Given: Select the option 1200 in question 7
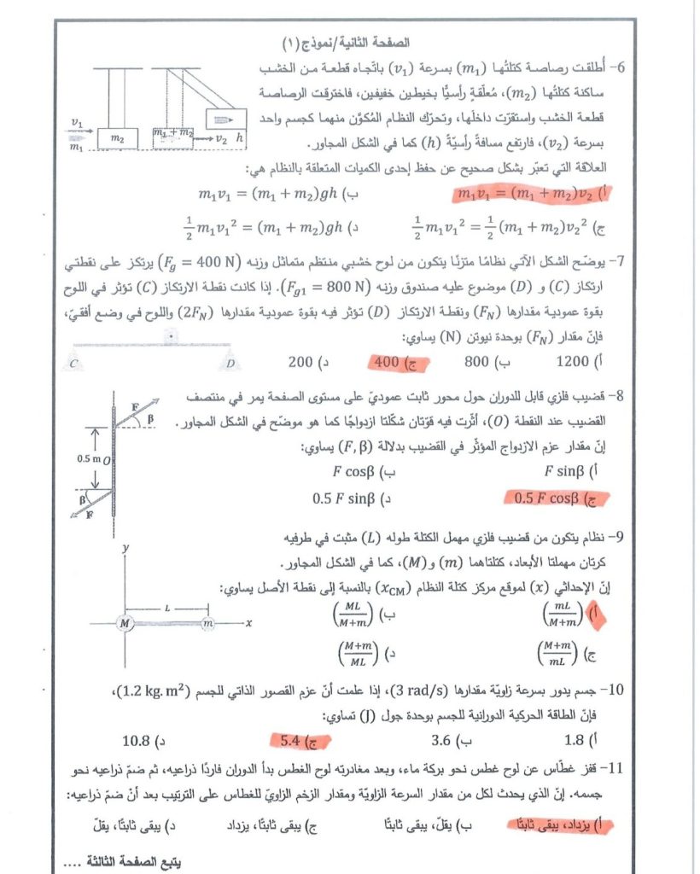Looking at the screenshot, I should coord(572,361).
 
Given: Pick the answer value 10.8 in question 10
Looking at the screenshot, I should coord(140,739).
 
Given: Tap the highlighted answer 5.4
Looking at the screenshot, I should coord(294,739).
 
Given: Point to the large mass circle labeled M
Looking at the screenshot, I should coord(125,624).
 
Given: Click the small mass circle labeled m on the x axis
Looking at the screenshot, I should coord(207,624).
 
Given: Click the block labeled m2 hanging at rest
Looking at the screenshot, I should coord(118,137).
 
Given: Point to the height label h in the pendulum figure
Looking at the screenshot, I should coord(242,136).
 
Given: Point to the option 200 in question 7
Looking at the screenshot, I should coord(300,362).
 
